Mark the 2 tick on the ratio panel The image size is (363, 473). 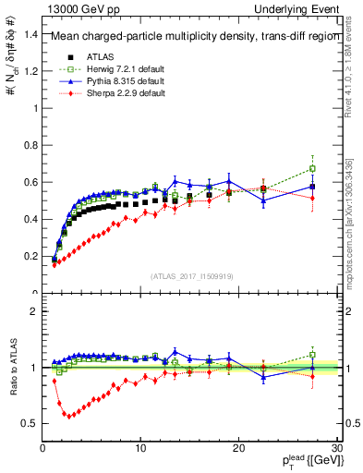(x=34, y=311)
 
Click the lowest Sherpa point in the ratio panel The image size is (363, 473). (x=67, y=415)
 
